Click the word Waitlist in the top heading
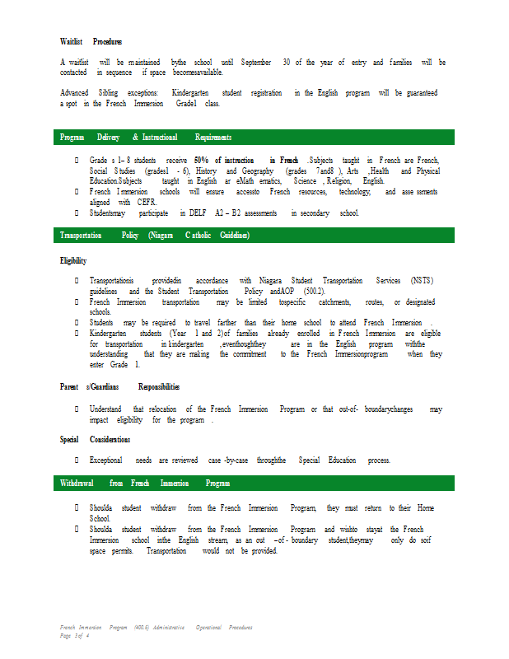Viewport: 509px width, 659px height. tap(71, 41)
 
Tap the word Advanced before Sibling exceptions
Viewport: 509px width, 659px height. tap(75, 93)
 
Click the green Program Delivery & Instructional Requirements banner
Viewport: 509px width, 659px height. tap(254, 138)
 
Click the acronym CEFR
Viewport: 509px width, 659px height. tap(147, 202)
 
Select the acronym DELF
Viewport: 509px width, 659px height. tap(198, 213)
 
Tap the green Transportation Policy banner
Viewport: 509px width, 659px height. tap(254, 236)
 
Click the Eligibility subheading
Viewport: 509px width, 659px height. tap(73, 261)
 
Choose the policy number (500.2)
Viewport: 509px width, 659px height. tap(314, 292)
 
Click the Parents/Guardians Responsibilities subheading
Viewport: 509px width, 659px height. tap(120, 386)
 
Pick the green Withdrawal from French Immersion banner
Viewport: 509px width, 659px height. tap(254, 483)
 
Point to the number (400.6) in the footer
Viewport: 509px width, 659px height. tap(147, 628)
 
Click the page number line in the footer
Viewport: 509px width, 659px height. tap(74, 636)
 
